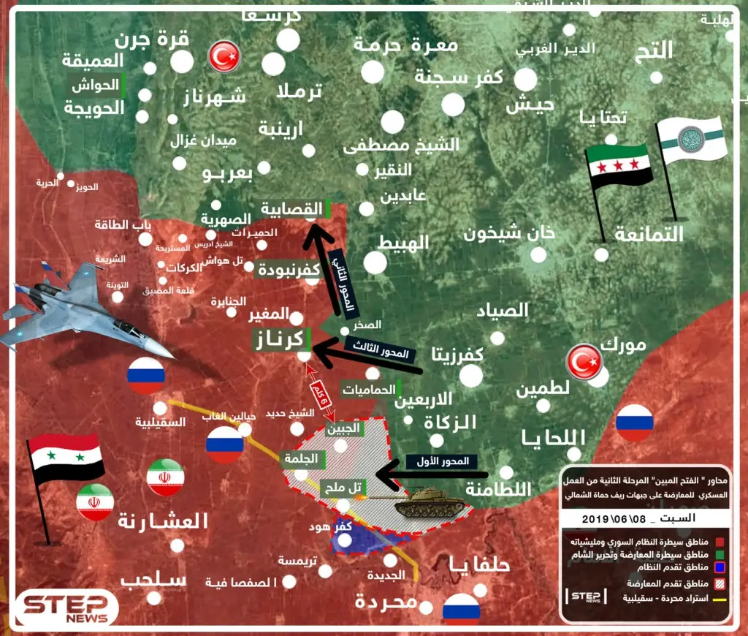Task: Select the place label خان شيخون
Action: [510, 233]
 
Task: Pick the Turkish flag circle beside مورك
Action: [586, 362]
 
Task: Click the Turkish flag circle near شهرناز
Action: [224, 57]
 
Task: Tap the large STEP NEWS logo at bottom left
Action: [67, 607]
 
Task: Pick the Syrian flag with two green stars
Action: [66, 459]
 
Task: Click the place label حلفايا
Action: [478, 564]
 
